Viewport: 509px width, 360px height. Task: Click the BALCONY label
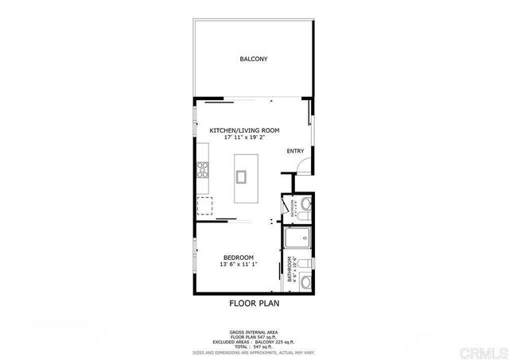coord(254,60)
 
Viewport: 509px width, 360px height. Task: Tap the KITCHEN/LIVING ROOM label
coord(244,130)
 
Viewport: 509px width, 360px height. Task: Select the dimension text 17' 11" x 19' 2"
coord(244,138)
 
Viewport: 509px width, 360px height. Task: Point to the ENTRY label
coord(295,151)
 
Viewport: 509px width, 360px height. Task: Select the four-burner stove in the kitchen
coord(202,168)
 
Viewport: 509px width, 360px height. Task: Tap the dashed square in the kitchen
coord(205,206)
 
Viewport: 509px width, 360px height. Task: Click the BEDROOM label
coord(239,257)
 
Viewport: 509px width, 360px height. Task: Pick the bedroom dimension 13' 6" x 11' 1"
coord(239,265)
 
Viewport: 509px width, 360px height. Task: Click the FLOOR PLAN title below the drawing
coord(254,303)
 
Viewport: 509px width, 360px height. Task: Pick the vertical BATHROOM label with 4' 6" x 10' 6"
coord(292,269)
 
